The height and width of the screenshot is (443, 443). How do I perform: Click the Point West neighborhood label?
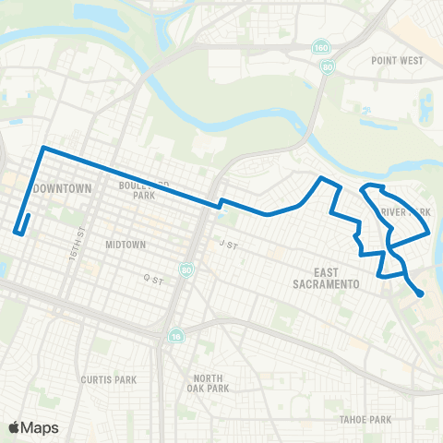397,60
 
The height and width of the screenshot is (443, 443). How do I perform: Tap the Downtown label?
62,188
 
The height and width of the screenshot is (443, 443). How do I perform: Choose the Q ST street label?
152,276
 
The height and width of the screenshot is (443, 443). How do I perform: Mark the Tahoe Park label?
365,420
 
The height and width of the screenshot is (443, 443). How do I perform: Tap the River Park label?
406,212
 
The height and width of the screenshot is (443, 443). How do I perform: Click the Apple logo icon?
14,427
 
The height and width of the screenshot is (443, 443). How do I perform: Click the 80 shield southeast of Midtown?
187,270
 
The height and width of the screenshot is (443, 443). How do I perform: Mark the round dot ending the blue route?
421,293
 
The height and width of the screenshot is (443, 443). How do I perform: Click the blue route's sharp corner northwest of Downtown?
42,148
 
